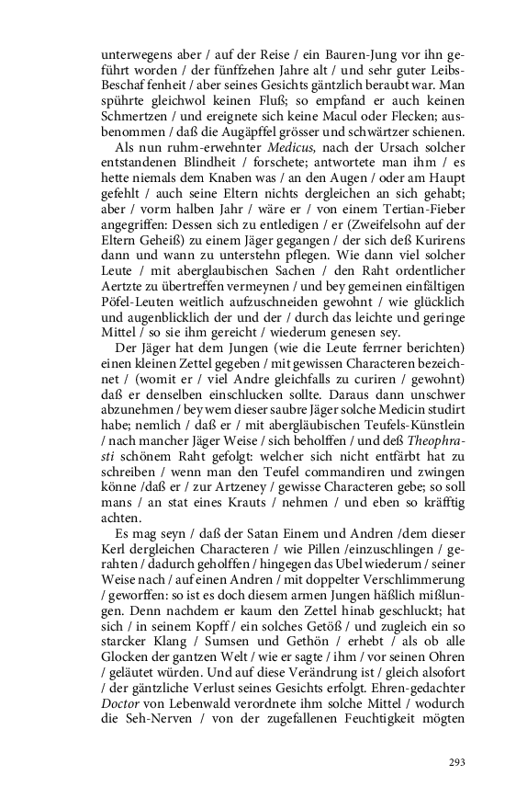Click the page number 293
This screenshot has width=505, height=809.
pyautogui.click(x=457, y=762)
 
